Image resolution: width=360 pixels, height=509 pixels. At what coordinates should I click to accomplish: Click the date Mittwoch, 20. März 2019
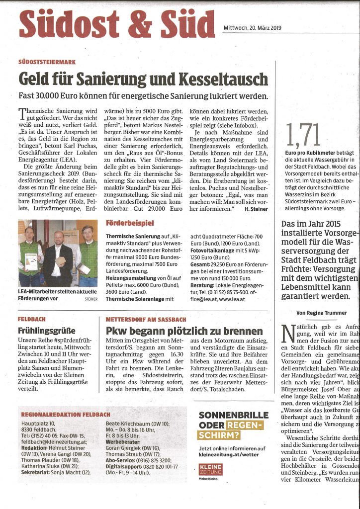point(252,28)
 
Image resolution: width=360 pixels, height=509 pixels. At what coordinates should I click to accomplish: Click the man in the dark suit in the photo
point(59,259)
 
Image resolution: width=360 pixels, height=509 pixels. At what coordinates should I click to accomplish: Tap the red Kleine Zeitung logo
point(210,485)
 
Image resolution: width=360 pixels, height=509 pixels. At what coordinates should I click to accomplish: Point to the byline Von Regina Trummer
point(321,313)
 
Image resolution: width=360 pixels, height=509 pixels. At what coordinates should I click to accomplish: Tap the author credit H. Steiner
point(256,210)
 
